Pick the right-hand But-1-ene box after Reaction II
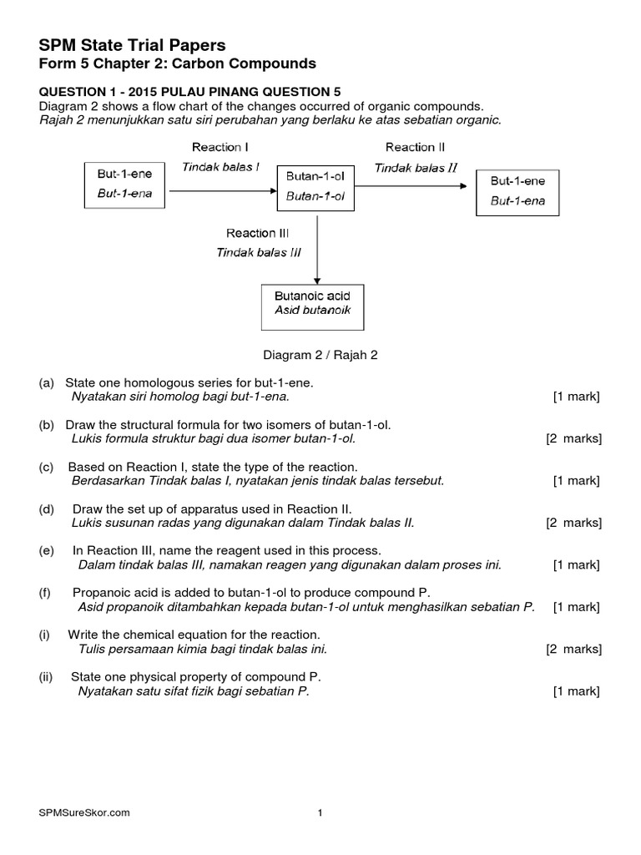tap(517, 192)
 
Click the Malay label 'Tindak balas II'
tap(415, 167)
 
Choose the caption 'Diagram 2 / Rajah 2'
tap(320, 355)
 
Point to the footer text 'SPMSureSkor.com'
tap(84, 812)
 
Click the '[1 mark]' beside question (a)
tap(576, 397)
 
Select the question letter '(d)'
tap(46, 508)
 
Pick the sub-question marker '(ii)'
tap(46, 676)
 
